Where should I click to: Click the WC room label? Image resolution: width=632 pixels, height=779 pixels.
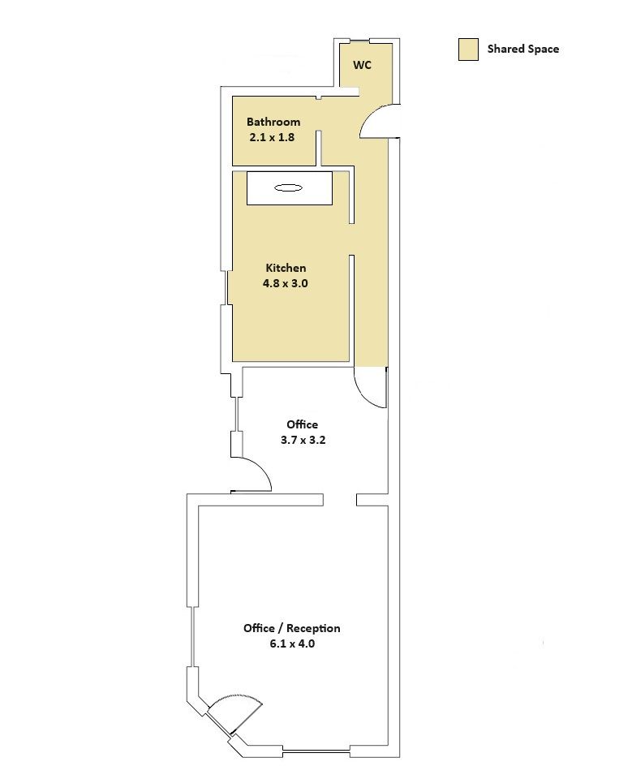[x=362, y=65]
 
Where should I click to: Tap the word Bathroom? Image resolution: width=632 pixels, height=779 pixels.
[x=273, y=122]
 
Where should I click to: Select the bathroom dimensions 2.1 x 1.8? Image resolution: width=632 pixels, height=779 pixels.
[x=272, y=138]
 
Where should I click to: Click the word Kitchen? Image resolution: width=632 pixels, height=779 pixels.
[x=286, y=268]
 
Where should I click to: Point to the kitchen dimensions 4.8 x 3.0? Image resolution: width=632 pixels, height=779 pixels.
[x=286, y=284]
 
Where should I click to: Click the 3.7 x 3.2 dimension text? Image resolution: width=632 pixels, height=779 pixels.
[x=303, y=440]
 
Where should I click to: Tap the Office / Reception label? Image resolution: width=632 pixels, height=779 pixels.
[x=291, y=628]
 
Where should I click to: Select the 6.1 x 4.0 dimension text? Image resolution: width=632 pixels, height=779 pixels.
[x=292, y=643]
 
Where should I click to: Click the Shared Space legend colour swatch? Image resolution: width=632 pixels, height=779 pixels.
[x=468, y=49]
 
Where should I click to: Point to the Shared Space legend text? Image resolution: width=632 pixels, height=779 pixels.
[x=523, y=49]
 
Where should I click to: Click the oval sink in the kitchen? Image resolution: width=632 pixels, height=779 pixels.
[x=288, y=187]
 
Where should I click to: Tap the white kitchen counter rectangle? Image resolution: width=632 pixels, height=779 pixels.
[x=290, y=187]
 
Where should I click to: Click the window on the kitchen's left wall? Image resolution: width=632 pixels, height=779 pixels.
[x=228, y=287]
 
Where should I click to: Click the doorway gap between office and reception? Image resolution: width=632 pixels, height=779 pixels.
[x=340, y=500]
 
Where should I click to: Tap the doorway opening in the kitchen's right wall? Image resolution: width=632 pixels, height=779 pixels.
[x=352, y=239]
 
